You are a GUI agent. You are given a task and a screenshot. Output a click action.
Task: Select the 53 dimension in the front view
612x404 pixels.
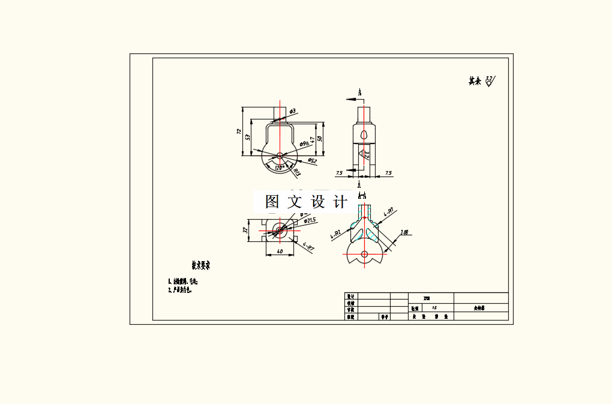[x=247, y=137]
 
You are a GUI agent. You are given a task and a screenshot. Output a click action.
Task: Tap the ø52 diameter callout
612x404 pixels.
[x=312, y=160]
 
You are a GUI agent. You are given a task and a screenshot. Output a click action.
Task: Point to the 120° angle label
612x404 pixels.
[x=279, y=168]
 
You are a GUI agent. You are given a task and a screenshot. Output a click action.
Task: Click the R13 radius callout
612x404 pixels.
[x=296, y=173]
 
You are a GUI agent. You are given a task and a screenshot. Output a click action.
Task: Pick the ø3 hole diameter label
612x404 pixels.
[x=292, y=111]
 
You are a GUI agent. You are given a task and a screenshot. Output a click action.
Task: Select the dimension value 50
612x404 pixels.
[x=320, y=139]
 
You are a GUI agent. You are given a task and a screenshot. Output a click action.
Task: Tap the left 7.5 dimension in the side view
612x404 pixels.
[x=339, y=173]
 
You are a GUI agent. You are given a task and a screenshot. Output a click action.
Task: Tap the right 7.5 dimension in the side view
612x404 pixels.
[x=388, y=173]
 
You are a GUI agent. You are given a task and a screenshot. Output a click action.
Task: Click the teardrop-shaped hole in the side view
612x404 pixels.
[x=364, y=134]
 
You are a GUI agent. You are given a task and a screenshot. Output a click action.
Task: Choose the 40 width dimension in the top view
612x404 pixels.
[x=280, y=251]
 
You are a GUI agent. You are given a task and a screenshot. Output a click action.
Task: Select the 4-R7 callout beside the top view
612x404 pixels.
[x=308, y=246]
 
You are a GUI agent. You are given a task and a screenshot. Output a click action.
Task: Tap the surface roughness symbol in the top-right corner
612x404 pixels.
[x=489, y=80]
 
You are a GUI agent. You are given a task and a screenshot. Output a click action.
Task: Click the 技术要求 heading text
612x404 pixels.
[x=200, y=265]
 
